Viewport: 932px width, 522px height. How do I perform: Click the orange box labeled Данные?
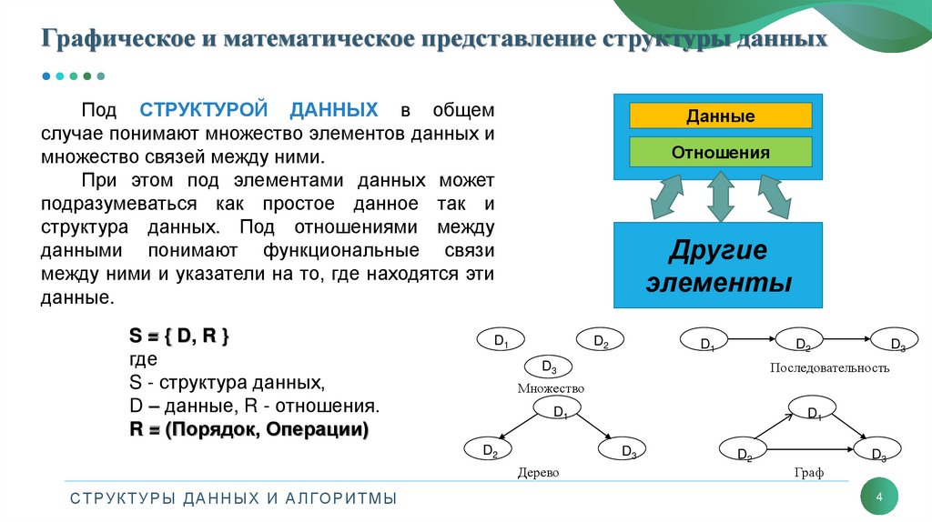(720, 116)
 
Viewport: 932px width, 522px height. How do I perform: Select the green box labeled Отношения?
(720, 152)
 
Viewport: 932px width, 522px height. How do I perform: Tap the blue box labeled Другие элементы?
(718, 265)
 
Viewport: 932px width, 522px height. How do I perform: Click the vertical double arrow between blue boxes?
(719, 197)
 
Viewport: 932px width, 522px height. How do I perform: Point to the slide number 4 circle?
(879, 497)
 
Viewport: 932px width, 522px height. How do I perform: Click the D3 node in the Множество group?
(550, 366)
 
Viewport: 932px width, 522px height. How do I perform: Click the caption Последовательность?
(829, 368)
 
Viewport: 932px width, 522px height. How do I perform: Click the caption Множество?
(550, 388)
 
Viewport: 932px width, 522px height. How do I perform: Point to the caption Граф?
(807, 474)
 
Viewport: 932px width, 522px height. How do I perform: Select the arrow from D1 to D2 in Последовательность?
(754, 339)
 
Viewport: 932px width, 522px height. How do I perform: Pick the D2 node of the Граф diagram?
(744, 451)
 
